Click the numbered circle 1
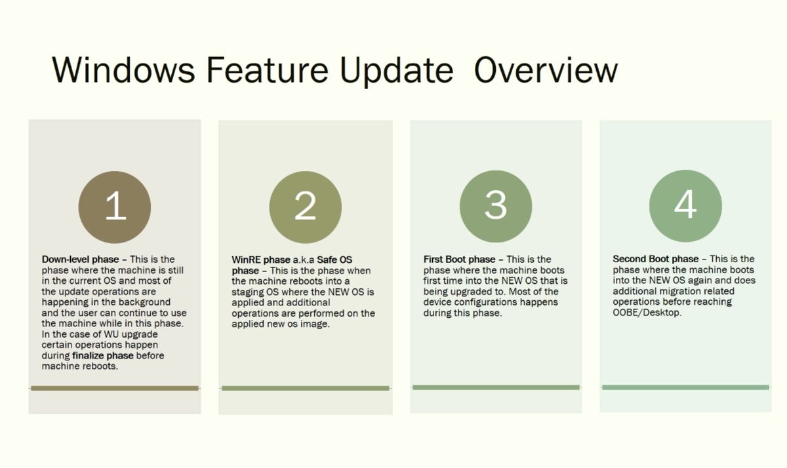click(x=115, y=207)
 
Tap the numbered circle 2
click(x=306, y=207)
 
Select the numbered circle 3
click(x=496, y=206)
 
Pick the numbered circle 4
click(x=685, y=206)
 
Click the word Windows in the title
click(x=123, y=70)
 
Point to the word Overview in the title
click(x=546, y=70)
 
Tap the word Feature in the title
click(x=267, y=70)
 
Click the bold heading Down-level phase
click(x=80, y=260)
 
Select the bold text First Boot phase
click(x=459, y=260)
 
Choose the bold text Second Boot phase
click(x=656, y=259)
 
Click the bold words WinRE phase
click(x=261, y=260)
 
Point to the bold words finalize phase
click(x=103, y=356)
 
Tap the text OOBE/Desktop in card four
click(x=647, y=313)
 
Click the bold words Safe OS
click(x=334, y=260)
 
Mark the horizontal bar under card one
click(x=115, y=388)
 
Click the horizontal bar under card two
click(x=306, y=388)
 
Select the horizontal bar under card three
click(x=496, y=387)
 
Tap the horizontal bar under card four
click(x=685, y=387)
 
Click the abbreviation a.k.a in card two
click(x=303, y=260)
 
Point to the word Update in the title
click(x=397, y=70)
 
